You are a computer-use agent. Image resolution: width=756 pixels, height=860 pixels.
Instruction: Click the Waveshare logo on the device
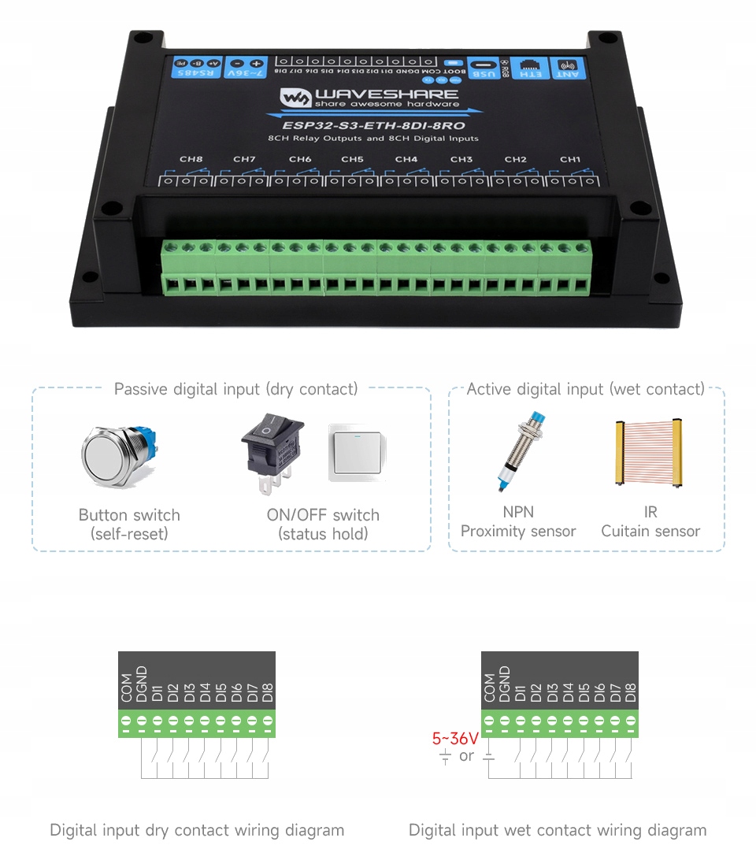tap(369, 98)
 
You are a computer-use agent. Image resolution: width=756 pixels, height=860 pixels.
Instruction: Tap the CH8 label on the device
tap(191, 159)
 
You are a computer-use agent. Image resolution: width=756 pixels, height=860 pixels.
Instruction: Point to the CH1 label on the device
tap(569, 159)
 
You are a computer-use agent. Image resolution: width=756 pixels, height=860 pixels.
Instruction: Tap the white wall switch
tap(358, 453)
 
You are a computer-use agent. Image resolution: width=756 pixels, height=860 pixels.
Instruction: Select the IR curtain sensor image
tap(650, 454)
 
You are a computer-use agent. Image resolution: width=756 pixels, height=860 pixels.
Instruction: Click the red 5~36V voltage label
tap(455, 739)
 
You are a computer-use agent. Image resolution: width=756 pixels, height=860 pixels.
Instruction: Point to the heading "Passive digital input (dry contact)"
tap(235, 389)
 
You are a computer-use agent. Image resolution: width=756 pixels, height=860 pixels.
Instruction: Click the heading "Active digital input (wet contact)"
tap(585, 389)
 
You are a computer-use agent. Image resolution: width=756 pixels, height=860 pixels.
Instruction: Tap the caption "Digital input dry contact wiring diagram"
tap(197, 830)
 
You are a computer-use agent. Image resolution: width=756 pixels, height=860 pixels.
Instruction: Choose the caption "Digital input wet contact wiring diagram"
tap(558, 830)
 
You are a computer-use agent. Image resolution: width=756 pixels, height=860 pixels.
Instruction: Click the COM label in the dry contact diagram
tap(127, 688)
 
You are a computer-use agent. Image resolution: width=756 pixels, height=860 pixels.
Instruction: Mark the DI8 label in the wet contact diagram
tap(630, 692)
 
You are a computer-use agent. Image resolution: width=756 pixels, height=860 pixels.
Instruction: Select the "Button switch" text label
tap(129, 515)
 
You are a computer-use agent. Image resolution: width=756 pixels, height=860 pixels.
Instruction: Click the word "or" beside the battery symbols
tap(466, 756)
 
